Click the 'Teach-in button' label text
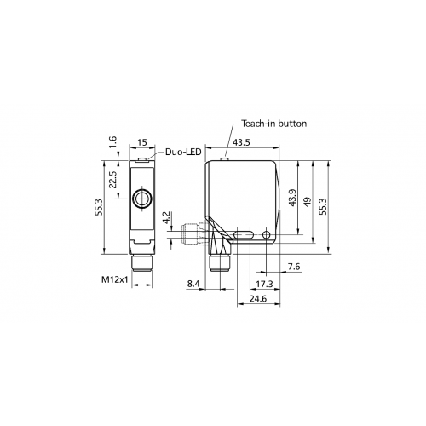pos(274,124)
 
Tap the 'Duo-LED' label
pos(183,152)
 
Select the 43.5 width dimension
pos(241,142)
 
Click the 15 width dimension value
pos(142,142)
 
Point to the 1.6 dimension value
pos(112,141)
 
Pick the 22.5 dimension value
pos(112,179)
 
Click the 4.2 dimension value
pos(166,217)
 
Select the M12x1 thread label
pos(115,280)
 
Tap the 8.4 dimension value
pos(193,284)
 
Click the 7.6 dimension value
pos(294,267)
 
